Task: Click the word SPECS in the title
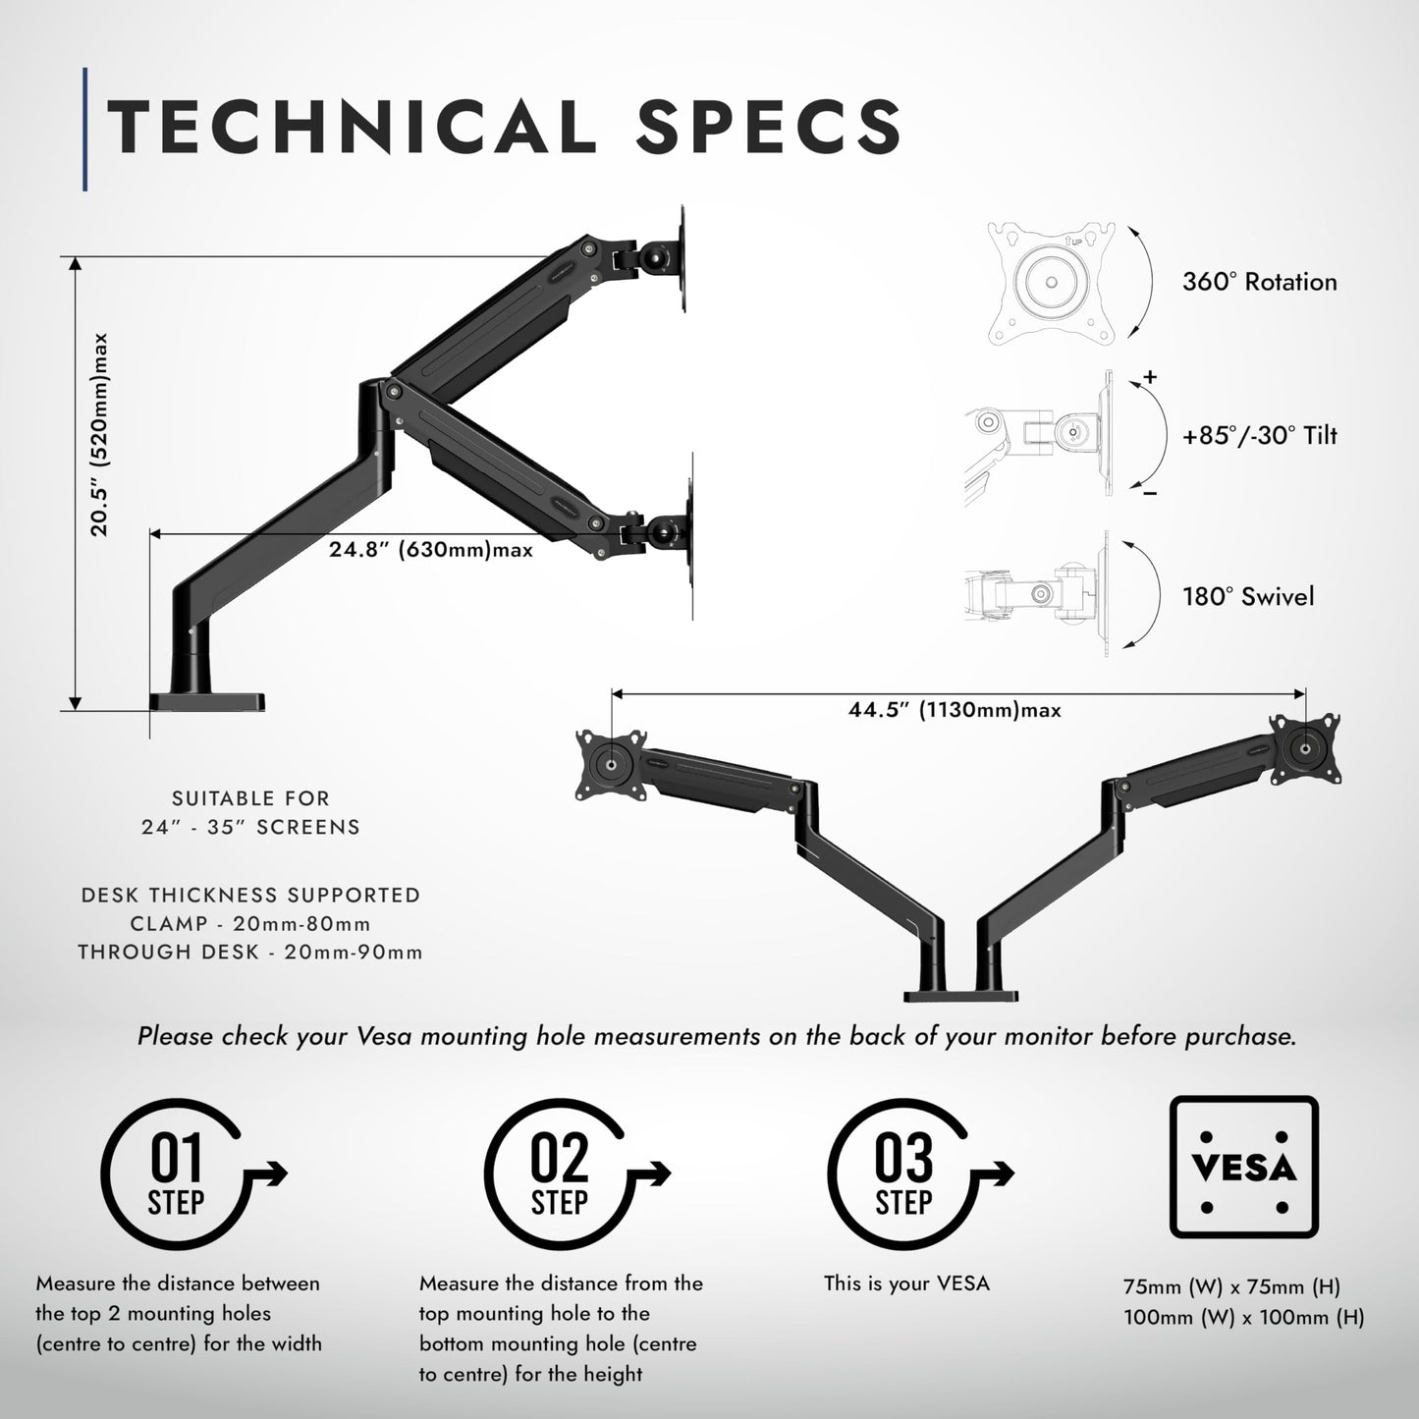point(768,128)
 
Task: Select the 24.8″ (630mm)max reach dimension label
point(431,550)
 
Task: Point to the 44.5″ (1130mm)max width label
point(955,710)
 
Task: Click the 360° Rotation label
point(1259,283)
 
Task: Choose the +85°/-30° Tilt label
point(1259,436)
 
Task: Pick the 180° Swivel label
point(1247,597)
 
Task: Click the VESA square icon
point(1243,1167)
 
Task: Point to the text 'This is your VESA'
point(906,1283)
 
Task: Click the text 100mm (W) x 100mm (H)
point(1244,1318)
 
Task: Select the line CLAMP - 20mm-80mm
point(250,924)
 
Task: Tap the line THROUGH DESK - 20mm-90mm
point(250,953)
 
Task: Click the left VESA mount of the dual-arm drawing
point(611,764)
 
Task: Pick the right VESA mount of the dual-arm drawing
point(1306,748)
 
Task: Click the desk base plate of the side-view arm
point(207,702)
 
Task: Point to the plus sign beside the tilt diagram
point(1150,377)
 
